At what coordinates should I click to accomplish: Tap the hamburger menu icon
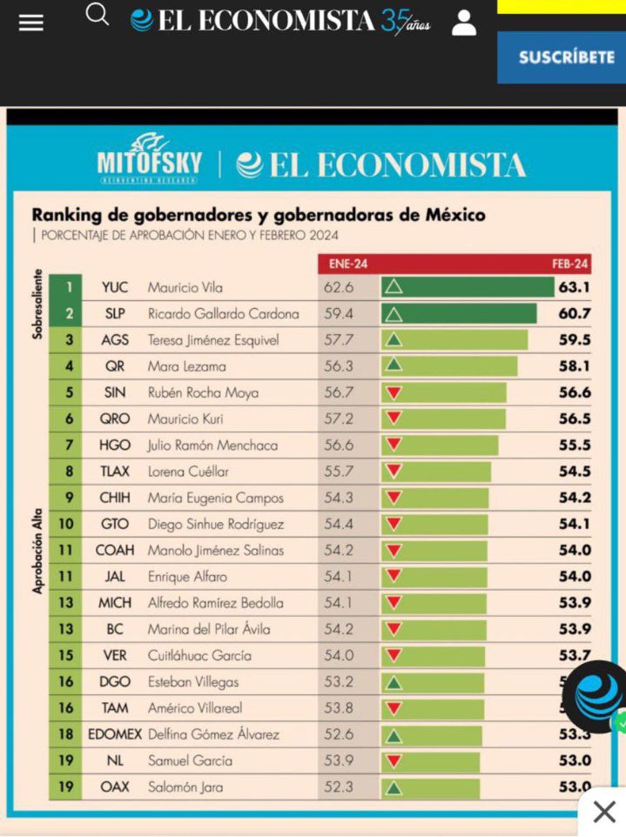coord(30,23)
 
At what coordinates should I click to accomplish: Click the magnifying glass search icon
coord(98,15)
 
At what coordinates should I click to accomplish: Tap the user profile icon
coord(464,22)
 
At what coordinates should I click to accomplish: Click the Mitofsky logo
coord(149,158)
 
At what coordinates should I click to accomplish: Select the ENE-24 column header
coord(346,263)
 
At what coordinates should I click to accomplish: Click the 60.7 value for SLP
coord(575,313)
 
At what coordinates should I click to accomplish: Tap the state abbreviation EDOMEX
coord(115,734)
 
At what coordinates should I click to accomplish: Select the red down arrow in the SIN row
coord(394,392)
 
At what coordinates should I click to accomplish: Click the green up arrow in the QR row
coord(394,365)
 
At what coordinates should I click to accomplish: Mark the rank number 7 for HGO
coord(68,445)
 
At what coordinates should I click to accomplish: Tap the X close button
coord(603,812)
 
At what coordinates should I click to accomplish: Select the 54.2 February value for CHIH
coord(575,498)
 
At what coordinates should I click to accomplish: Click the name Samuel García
coord(190,760)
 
